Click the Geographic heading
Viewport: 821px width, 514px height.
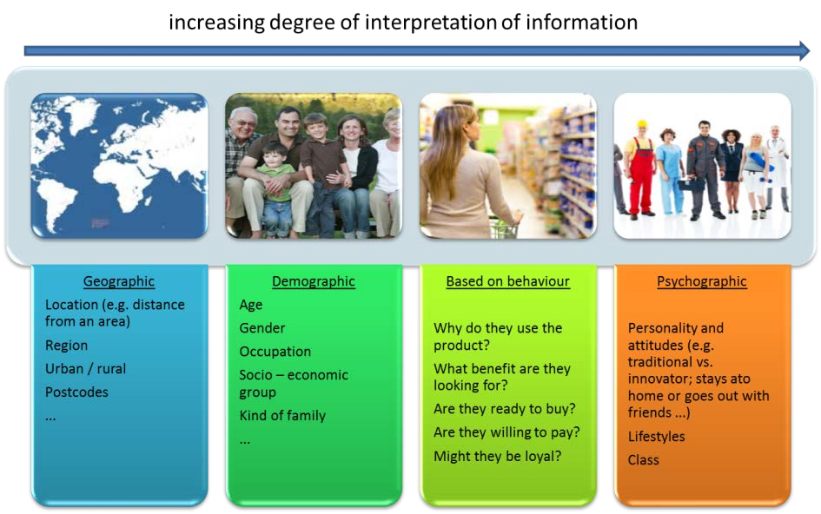[119, 281]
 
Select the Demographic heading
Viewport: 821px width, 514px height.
[314, 281]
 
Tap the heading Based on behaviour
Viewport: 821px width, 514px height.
[508, 281]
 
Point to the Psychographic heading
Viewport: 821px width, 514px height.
[702, 281]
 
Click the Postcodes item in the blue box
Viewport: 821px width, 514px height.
[76, 392]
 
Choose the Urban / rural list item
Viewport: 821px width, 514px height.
[85, 368]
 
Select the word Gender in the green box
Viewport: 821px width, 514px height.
[262, 328]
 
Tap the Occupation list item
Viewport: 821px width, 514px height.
[275, 352]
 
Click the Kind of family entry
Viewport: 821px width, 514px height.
[282, 416]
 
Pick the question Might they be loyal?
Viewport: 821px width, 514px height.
[498, 456]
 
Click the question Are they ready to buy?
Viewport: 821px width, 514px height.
[504, 408]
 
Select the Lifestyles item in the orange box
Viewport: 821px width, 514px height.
[656, 437]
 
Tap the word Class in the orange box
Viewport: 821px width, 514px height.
[644, 460]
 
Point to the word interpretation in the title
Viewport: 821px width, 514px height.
[430, 23]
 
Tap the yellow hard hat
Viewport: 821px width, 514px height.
[641, 124]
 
